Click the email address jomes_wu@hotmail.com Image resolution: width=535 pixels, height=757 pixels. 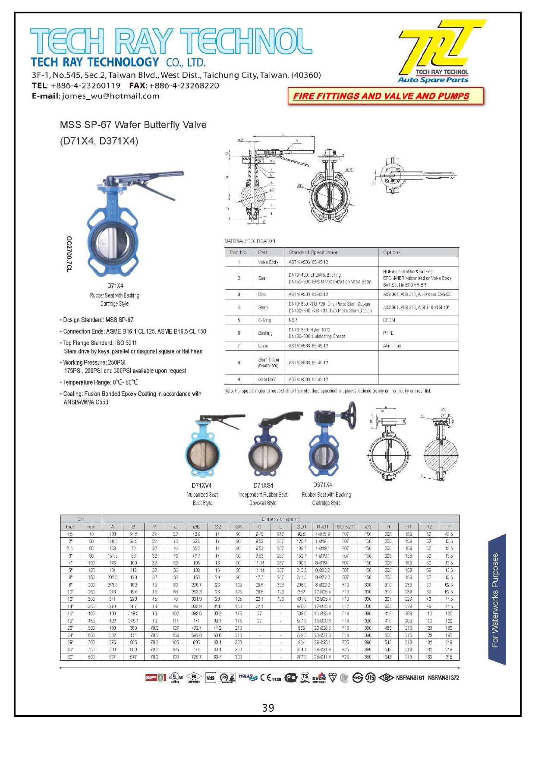pos(110,96)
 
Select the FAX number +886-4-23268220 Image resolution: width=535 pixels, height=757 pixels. pos(184,85)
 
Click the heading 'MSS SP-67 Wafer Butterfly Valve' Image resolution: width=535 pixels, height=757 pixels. pos(133,125)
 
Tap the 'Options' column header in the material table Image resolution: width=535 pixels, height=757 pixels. pos(392,252)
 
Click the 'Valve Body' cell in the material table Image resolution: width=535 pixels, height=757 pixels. pos(268,262)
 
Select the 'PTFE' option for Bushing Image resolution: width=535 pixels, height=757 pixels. pos(388,333)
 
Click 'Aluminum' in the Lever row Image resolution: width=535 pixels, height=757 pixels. pos(392,346)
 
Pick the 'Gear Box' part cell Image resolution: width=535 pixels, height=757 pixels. pos(267,379)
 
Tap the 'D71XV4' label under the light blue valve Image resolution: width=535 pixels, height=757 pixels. pos(201,485)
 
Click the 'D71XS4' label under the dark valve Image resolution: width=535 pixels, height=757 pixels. pos(263,485)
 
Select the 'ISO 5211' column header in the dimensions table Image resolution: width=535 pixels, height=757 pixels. pos(346,527)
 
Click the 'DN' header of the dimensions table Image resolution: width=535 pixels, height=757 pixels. pos(81,519)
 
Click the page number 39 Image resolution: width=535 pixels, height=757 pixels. pos(268,708)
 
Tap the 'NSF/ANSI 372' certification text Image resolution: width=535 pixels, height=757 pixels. pos(443,678)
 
